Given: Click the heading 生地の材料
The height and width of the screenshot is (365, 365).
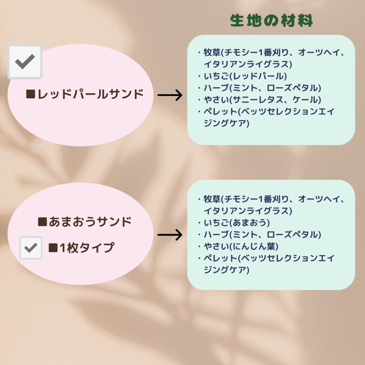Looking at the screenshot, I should pos(271,21).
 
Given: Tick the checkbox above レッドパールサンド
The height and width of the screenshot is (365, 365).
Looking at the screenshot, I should pos(25,62).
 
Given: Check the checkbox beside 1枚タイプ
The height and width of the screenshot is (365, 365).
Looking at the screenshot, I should pos(31,248).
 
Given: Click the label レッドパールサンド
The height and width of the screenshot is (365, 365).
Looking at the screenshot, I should pos(90,94).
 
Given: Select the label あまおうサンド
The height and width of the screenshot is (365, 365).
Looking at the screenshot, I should pos(90,222).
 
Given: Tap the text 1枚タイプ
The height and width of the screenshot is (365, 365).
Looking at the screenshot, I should pos(87,248).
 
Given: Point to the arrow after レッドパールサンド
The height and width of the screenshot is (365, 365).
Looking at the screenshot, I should pos(170,95).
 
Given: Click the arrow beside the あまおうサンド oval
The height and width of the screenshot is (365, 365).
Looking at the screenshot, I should pos(170,235).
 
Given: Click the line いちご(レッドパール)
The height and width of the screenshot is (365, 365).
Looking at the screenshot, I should pos(245,76).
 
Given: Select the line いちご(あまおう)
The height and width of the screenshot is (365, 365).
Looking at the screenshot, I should pos(237,223).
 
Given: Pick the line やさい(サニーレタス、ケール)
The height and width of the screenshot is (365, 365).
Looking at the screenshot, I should pos(262,100).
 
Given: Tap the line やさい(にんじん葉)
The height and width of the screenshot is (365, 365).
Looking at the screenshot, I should pos(241,246).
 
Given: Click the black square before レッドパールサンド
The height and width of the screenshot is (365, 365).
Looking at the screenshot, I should pos(31,94).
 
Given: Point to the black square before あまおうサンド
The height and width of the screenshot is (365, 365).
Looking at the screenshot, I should pos(42,222).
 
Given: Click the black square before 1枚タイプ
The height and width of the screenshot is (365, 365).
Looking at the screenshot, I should pos(53,248).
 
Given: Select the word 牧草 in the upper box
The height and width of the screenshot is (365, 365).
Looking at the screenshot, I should pos(212,52).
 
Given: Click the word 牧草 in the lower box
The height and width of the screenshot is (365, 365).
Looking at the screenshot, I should pos(212,199).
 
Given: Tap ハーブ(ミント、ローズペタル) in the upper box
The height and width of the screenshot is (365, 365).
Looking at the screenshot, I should pos(262,88).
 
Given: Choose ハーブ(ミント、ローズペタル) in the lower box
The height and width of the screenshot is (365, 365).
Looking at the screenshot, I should pos(262,234).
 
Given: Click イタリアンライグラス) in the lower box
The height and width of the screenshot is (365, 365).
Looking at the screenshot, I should pos(248,211).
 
